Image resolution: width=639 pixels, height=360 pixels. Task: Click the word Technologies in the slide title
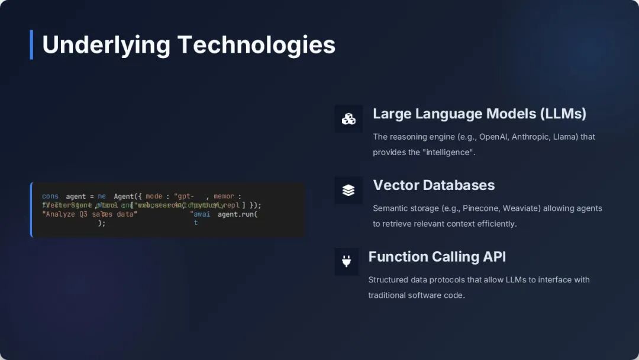[x=256, y=45]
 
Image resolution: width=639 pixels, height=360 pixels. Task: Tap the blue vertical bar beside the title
[x=31, y=45]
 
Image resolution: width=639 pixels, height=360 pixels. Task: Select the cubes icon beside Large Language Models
[x=348, y=119]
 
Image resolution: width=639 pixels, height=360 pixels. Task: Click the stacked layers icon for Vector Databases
[x=348, y=190]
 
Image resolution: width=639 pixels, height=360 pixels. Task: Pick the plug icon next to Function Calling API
[x=346, y=261]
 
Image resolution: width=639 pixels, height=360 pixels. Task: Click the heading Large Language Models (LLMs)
[x=479, y=114]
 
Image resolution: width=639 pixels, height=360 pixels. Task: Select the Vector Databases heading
[x=434, y=185]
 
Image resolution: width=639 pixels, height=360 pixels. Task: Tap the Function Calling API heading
[x=437, y=257]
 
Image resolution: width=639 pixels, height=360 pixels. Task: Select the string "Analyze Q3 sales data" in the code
[x=89, y=214]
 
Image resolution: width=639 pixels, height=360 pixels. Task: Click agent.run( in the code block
[x=237, y=214]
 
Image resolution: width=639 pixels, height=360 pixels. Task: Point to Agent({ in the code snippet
[x=128, y=197]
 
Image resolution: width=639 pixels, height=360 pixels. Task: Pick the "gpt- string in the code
[x=183, y=197]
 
